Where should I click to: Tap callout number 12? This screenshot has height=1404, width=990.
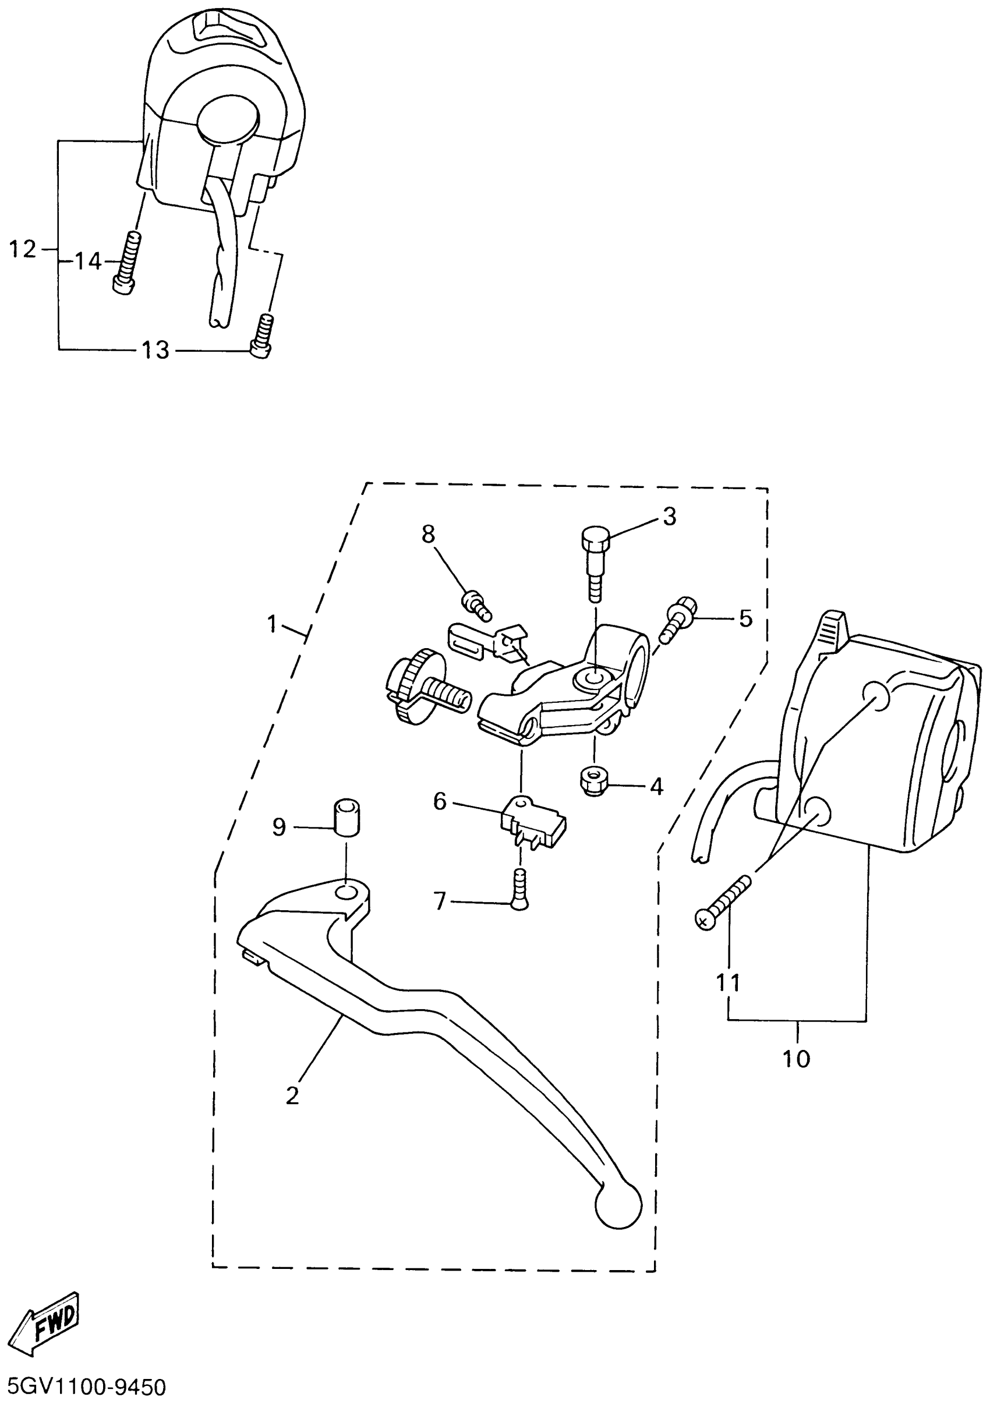tap(23, 249)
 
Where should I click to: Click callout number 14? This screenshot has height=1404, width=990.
tap(87, 261)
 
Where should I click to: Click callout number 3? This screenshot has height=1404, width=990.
tap(670, 517)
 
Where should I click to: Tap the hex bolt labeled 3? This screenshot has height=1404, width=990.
tap(593, 562)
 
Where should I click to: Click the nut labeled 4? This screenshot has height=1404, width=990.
tap(591, 781)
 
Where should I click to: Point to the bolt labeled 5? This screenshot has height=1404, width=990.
tap(676, 620)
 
